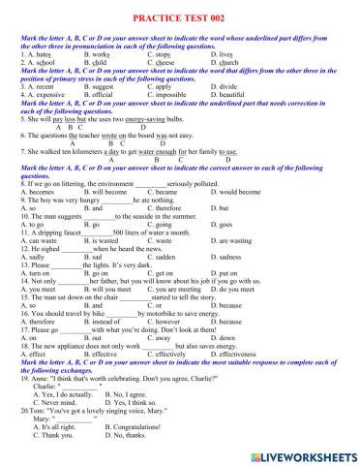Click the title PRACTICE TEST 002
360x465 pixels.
coord(180,17)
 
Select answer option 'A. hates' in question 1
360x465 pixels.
coord(34,56)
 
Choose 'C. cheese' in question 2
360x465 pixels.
coord(164,63)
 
